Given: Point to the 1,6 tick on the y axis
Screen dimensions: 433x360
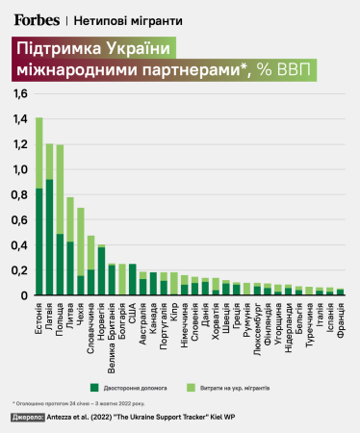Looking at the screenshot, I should tap(20, 94).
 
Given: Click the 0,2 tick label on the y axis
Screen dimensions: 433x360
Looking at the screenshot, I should tap(20, 269).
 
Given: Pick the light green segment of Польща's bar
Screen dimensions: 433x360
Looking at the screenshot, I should tap(60, 189).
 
